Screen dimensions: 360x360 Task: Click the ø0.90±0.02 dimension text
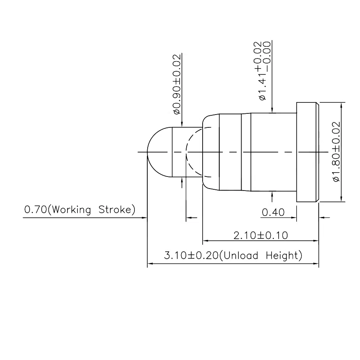pos(177,84)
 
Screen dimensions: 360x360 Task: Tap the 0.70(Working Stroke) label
pos(80,210)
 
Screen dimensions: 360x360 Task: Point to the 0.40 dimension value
pos(273,213)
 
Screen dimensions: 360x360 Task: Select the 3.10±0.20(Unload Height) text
pos(233,256)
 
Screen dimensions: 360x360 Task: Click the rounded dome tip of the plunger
pos(156,152)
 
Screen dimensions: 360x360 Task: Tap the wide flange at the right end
pos(308,152)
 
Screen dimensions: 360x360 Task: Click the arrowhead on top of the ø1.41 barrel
pos(272,110)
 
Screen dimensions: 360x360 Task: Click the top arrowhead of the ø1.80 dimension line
pos(341,106)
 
